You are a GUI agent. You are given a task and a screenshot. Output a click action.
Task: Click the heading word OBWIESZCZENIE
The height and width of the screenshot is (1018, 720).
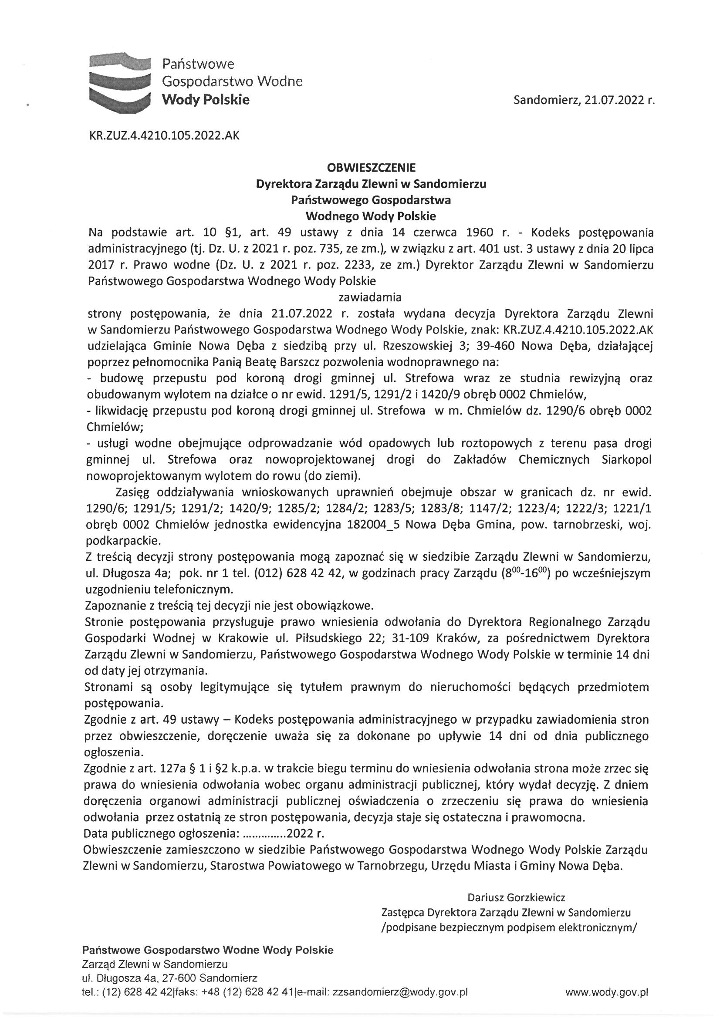point(371,168)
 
